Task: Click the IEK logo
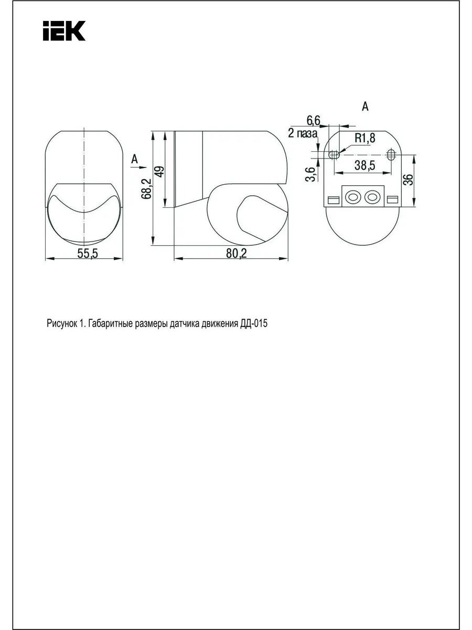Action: [x=64, y=30]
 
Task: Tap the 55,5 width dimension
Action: [x=88, y=254]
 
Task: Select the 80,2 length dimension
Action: [x=237, y=254]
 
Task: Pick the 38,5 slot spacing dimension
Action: [x=365, y=165]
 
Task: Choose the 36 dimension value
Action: [x=409, y=180]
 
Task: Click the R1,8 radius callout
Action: [x=365, y=138]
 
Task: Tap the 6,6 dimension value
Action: [x=314, y=121]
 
